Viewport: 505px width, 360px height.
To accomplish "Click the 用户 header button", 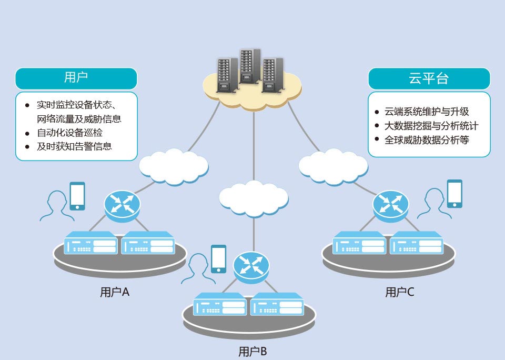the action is click(76, 78).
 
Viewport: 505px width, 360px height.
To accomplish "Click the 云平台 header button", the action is click(429, 78).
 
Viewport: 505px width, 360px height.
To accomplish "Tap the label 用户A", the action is click(115, 292).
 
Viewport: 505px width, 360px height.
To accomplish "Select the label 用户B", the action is click(252, 351).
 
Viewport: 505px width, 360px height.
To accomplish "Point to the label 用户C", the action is click(400, 292).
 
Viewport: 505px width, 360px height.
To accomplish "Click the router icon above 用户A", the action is click(122, 206).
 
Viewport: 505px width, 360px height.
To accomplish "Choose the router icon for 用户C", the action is click(391, 206).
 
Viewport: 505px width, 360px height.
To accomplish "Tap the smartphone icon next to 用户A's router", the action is click(77, 196).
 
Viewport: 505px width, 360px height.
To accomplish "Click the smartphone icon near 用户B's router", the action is click(219, 259).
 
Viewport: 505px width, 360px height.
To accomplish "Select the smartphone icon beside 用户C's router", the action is click(454, 193).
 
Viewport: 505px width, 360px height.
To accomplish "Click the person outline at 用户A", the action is click(57, 206).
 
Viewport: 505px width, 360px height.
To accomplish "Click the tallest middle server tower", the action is click(250, 66).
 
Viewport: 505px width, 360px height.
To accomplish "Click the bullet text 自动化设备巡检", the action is click(69, 133).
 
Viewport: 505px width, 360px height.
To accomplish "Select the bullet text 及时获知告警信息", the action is click(74, 146).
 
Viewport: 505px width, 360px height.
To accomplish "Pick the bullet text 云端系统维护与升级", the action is click(427, 112).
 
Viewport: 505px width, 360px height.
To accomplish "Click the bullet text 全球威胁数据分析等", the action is click(427, 140).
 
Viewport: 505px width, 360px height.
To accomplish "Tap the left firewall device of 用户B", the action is click(220, 304).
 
